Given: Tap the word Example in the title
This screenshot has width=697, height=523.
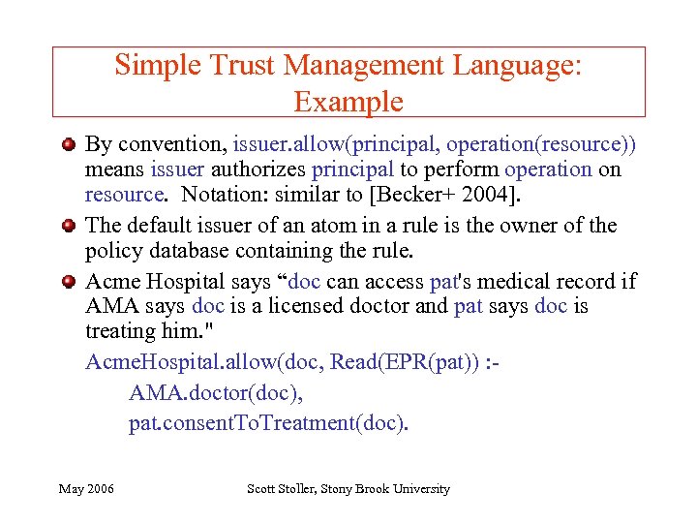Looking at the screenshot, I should [x=348, y=101].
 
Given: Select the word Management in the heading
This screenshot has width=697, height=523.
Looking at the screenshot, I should [x=364, y=66].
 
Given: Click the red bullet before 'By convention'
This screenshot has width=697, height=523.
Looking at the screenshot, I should [x=69, y=146].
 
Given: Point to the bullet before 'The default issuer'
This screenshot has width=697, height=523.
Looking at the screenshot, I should [x=69, y=227].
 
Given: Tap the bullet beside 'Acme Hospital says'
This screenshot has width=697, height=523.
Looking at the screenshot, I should [x=69, y=283].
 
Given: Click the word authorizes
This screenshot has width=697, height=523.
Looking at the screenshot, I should [x=254, y=169].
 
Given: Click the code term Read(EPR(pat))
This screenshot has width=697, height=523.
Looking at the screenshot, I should [x=402, y=362].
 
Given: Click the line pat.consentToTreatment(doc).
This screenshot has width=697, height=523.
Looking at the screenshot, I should [x=269, y=423].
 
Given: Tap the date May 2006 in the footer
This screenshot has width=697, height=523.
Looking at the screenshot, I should [x=86, y=489].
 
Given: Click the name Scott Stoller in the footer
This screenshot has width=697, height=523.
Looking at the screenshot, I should [x=285, y=489].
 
